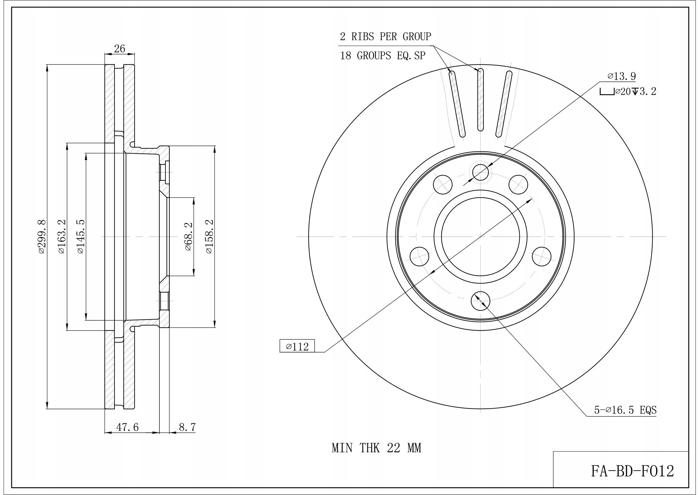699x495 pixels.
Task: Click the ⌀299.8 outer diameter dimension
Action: (x=42, y=237)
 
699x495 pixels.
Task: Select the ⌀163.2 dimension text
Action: (x=62, y=237)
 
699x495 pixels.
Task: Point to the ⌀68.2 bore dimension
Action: (x=188, y=237)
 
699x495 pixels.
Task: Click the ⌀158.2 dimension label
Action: (x=209, y=237)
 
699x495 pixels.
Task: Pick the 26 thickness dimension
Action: (x=120, y=49)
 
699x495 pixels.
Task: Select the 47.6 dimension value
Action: (x=127, y=427)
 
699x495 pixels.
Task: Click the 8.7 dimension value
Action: (x=187, y=427)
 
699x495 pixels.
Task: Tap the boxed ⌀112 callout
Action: (x=297, y=346)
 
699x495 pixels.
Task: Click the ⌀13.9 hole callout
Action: (x=621, y=76)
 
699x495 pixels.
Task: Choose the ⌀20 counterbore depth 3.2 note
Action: (x=628, y=91)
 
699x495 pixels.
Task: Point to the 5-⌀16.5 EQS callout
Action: (x=625, y=410)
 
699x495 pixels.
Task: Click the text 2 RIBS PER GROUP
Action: (x=386, y=37)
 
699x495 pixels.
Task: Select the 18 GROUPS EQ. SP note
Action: (x=382, y=56)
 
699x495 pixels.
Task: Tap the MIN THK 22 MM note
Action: (x=377, y=448)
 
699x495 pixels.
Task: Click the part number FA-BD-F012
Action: (x=633, y=471)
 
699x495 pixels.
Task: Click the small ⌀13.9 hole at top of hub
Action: (x=480, y=172)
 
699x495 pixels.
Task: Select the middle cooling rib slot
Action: (x=480, y=100)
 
